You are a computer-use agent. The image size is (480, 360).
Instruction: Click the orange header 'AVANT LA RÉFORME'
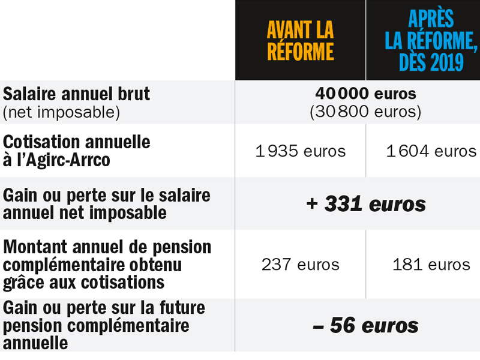point(300,41)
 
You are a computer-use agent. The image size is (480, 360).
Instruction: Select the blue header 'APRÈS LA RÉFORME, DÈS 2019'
point(431,41)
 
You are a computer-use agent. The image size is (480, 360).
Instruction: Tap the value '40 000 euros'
point(365,94)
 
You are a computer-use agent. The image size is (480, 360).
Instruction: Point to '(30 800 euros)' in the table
point(365,112)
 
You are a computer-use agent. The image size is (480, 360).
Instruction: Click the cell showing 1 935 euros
point(300,151)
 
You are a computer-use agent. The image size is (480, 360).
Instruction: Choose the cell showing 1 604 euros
point(431,151)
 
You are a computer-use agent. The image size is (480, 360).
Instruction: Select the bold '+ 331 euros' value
point(365,204)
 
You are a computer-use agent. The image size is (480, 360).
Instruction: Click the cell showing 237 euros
point(300,265)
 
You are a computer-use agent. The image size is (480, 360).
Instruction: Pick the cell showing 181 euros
point(431,265)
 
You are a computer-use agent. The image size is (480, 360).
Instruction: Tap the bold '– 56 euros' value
point(365,326)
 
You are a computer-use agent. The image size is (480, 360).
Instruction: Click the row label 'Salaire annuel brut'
point(77,94)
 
